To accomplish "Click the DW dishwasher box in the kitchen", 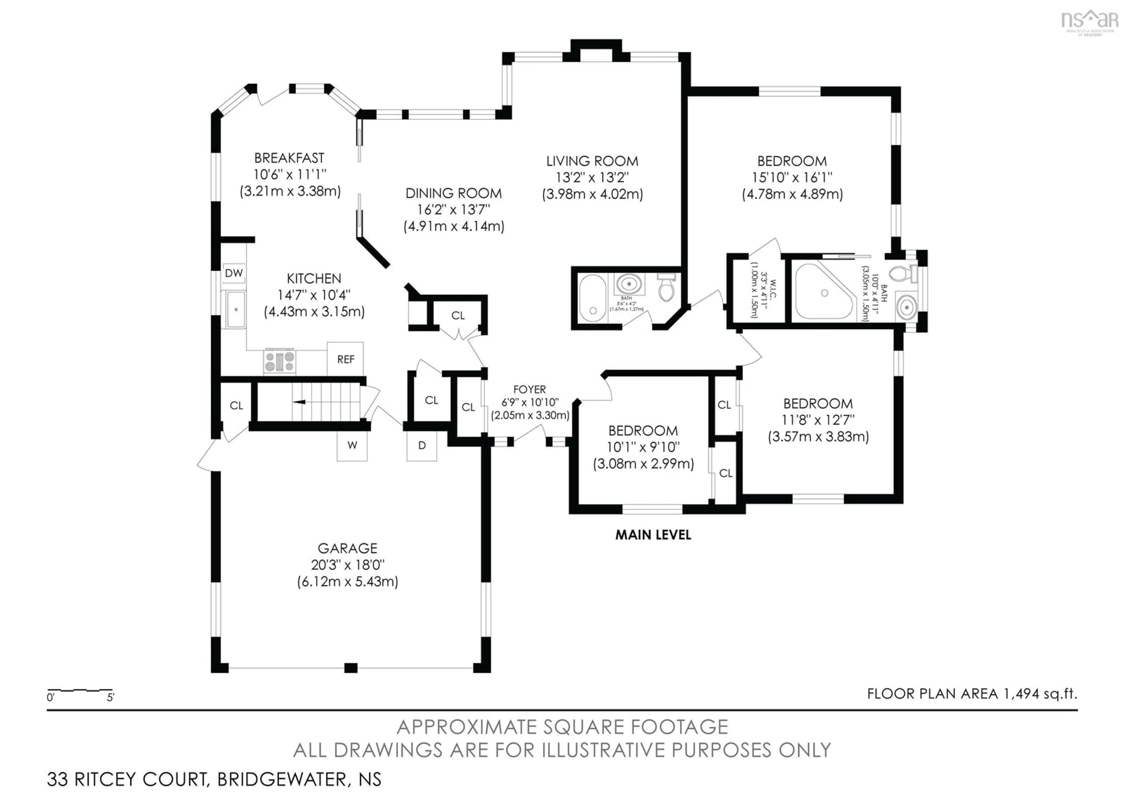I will (x=234, y=273).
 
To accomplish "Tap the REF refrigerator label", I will (x=346, y=359).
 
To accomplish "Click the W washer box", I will (x=352, y=445).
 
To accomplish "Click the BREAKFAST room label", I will (x=289, y=158).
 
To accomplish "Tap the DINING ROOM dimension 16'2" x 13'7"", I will (x=453, y=210).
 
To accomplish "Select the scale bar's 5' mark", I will (x=111, y=697).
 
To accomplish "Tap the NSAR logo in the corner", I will (x=1089, y=21).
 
